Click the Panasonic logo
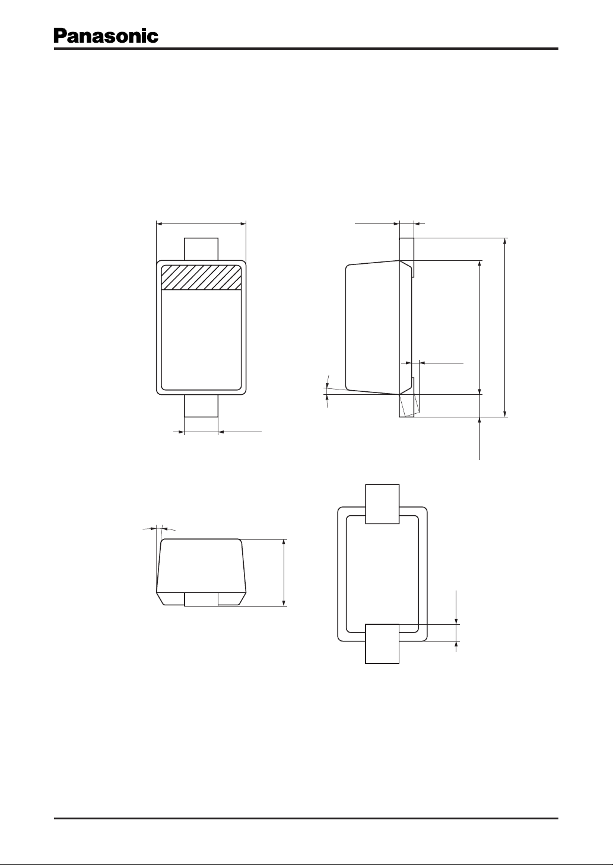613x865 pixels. [106, 36]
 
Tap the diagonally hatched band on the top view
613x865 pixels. [201, 277]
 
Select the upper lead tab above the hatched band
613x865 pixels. [201, 249]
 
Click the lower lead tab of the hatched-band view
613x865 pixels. [201, 406]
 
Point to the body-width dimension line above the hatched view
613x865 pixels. [201, 223]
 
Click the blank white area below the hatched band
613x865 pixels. [201, 340]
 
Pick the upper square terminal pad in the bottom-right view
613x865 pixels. [382, 504]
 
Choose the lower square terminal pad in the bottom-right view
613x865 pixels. [382, 644]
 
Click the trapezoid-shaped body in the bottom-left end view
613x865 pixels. [201, 572]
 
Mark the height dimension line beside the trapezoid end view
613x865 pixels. [284, 572]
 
